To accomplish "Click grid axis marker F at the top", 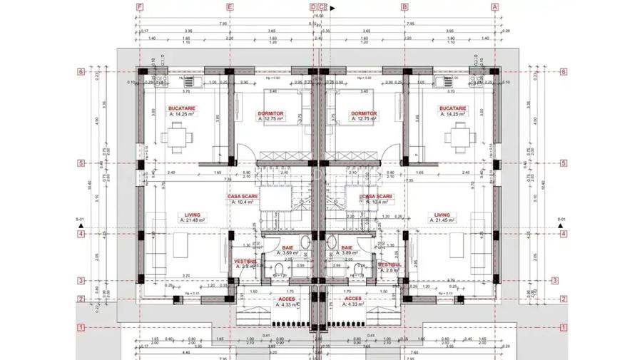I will tap(140, 7).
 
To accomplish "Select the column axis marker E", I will tap(230, 7).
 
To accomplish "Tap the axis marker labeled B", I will tap(404, 7).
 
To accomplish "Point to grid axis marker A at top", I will tap(494, 7).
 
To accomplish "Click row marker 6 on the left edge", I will tap(81, 71).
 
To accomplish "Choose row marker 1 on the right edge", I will tap(563, 327).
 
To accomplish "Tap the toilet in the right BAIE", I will tap(357, 268).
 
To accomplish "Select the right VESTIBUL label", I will tap(390, 264).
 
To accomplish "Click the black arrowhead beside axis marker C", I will tap(335, 9).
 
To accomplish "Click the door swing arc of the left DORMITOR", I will tap(243, 150).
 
